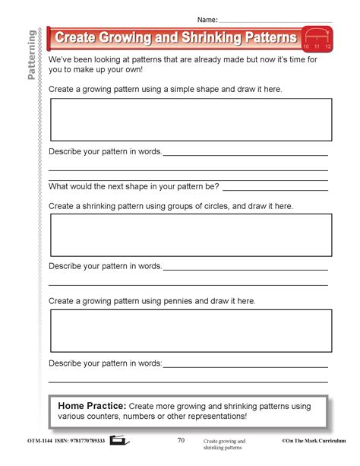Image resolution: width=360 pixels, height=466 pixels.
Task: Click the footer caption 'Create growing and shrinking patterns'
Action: point(224,444)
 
